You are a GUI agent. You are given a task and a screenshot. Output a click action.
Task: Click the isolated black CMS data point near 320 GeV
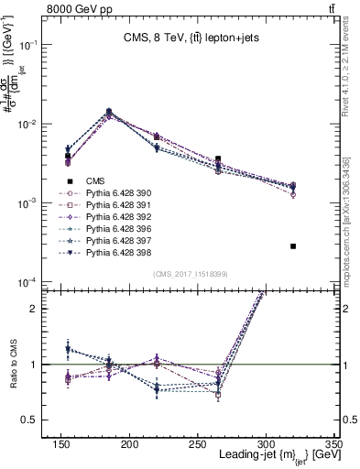[x=293, y=246]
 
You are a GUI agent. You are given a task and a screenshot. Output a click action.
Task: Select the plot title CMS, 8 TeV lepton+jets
[x=183, y=38]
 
